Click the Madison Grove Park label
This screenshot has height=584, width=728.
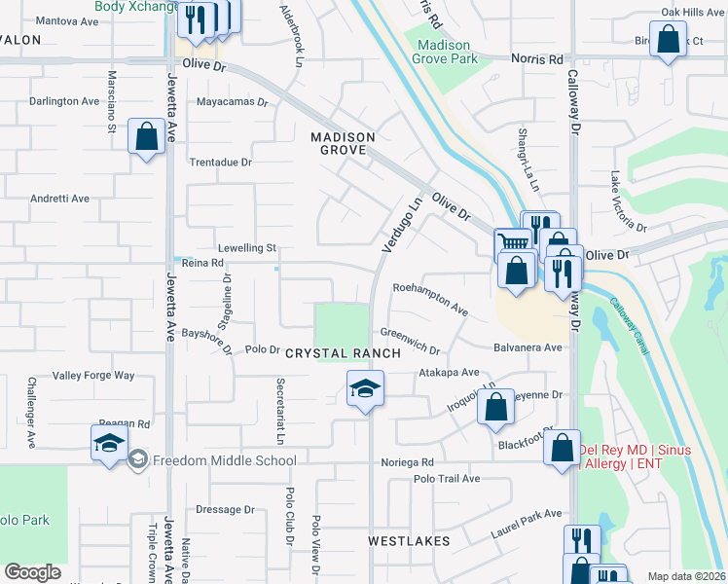click(x=444, y=53)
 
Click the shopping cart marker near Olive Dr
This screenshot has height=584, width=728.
click(x=512, y=243)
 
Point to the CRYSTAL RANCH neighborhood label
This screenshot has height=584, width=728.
click(x=343, y=353)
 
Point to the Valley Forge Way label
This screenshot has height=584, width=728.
click(x=93, y=375)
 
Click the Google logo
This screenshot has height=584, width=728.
click(x=33, y=572)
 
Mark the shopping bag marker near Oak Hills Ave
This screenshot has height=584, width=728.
click(x=669, y=42)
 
